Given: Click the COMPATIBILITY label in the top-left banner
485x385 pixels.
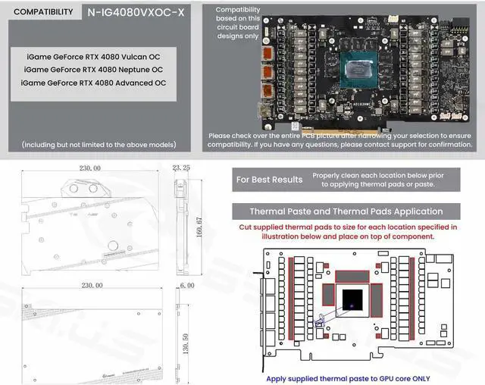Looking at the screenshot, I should coord(44,12).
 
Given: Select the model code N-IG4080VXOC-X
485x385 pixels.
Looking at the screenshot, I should coord(136,12).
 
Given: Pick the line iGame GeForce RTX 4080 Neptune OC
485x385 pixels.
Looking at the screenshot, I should coord(92,70).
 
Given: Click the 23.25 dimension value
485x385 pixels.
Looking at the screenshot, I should coord(182,166).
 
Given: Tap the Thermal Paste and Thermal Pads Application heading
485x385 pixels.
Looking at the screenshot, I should coord(346,211).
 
